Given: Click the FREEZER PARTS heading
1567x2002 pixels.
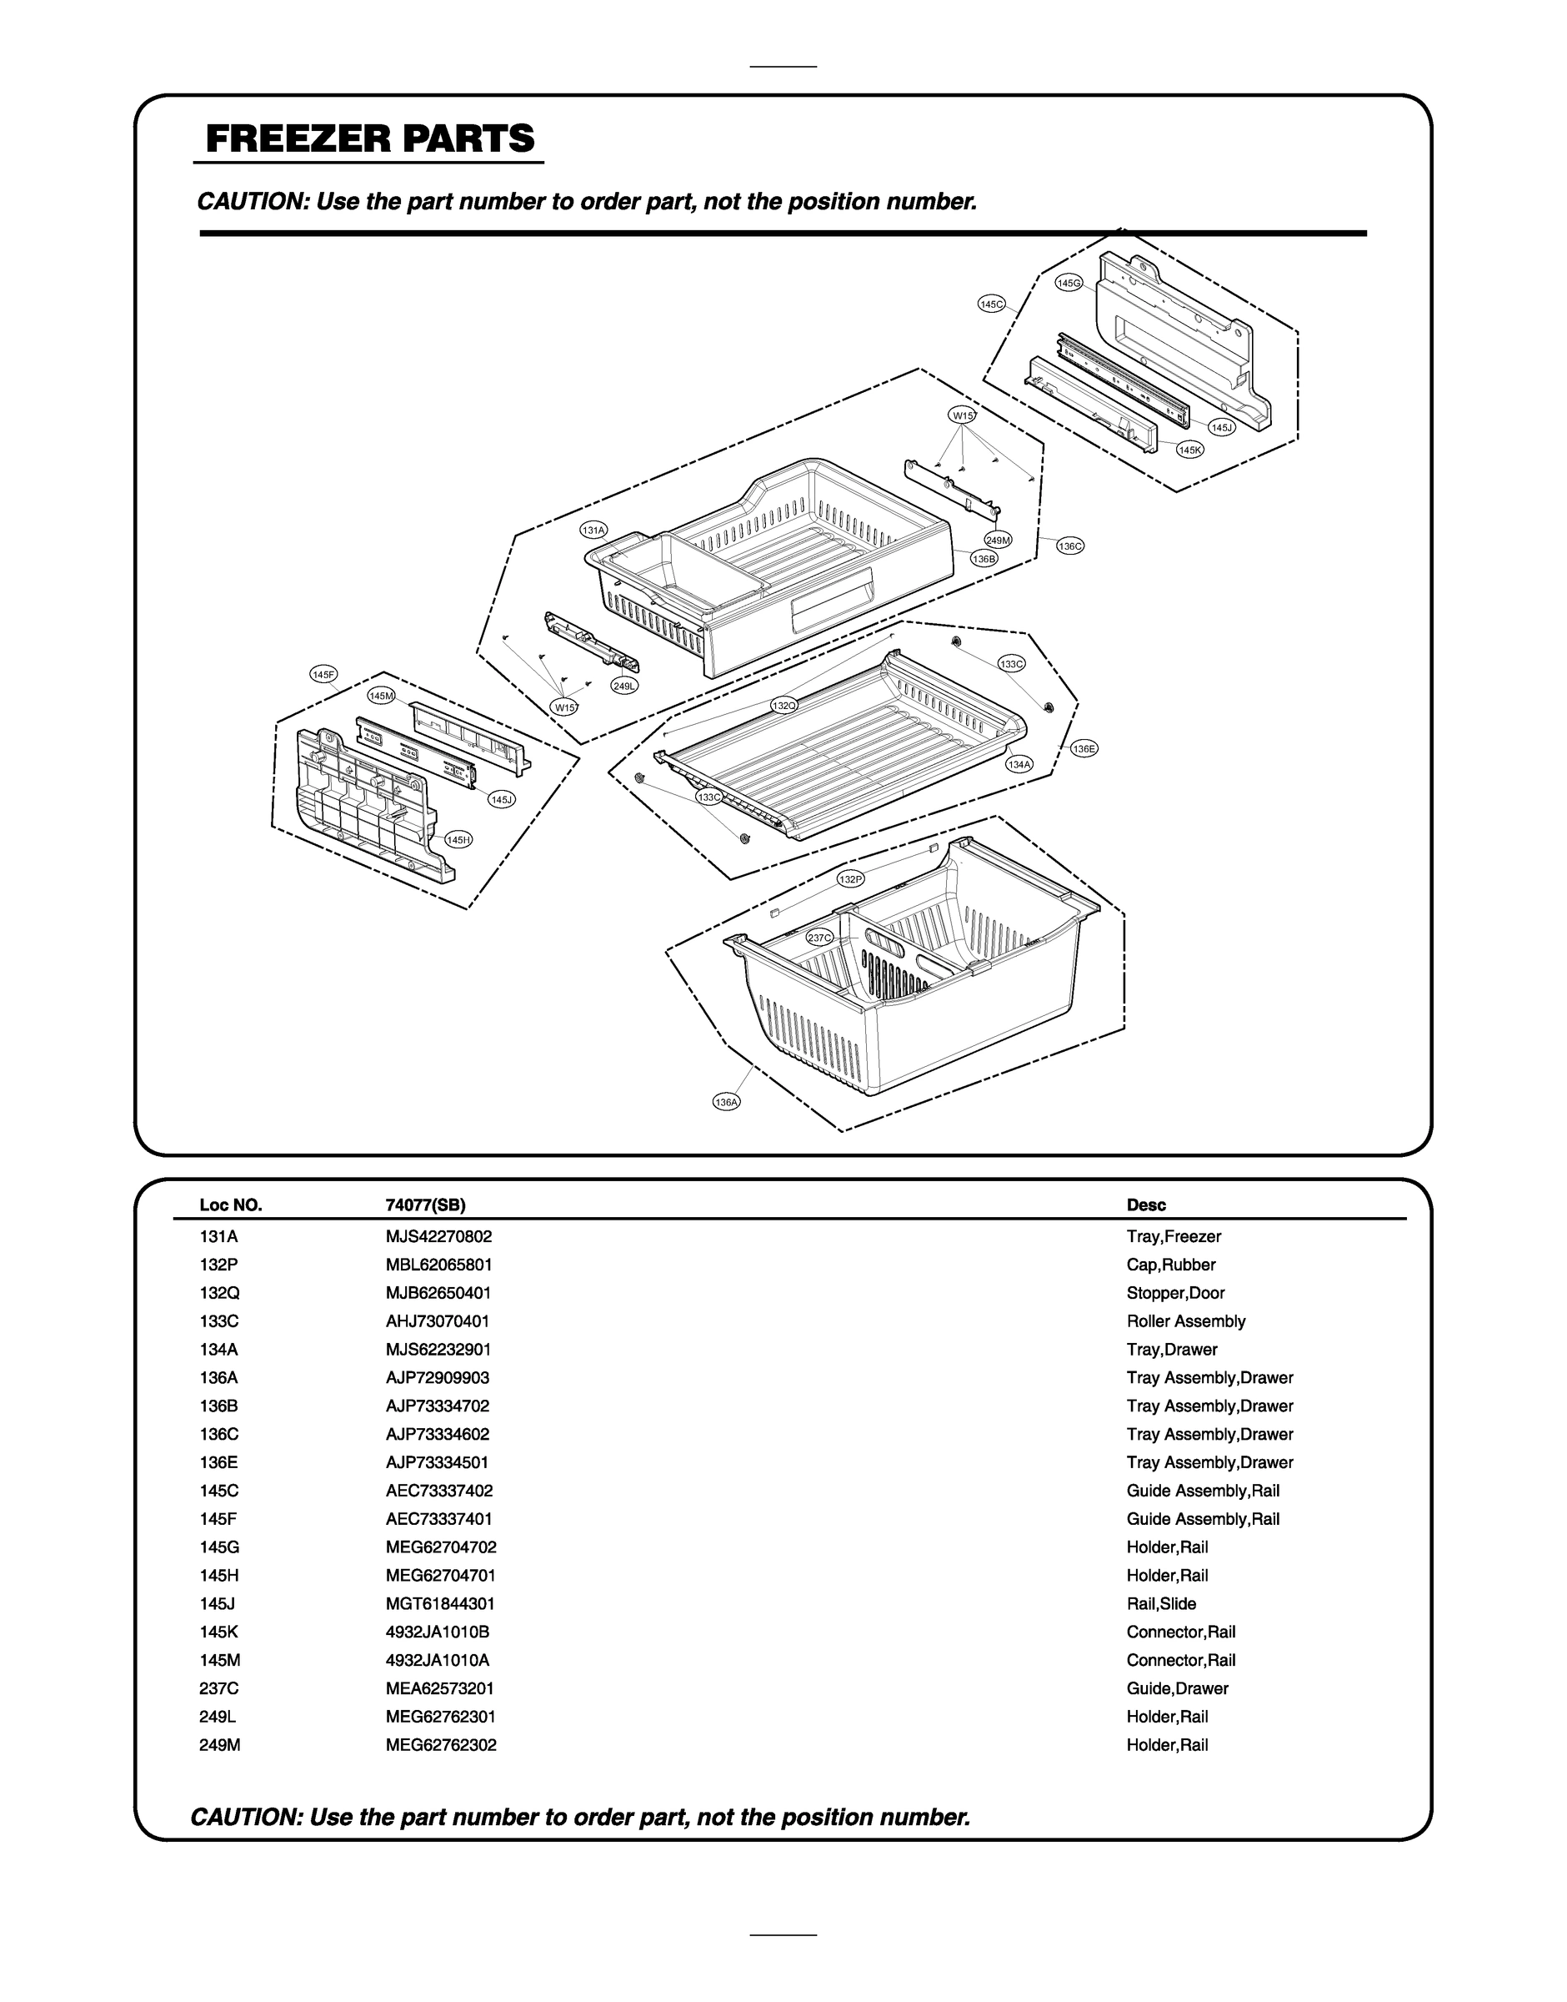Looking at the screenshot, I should pos(370,138).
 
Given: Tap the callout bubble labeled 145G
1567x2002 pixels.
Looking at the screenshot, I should pos(1069,283).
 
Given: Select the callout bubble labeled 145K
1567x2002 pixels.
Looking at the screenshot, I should pos(1190,450).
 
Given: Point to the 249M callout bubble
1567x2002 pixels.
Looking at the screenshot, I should pos(999,540).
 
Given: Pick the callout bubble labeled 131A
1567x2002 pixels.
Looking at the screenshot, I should pos(593,531).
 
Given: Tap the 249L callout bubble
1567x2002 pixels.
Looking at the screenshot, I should pos(625,686).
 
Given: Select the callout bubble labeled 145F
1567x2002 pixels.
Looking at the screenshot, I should pos(324,675).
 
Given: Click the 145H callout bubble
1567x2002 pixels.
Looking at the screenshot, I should pos(458,839).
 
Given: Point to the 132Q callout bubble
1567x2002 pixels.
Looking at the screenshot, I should pos(783,705).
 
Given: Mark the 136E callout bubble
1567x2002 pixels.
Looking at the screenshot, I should pos(1084,749).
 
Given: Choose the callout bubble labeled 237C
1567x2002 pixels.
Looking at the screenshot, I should pos(819,938).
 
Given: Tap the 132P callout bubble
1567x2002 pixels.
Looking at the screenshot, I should pos(850,879).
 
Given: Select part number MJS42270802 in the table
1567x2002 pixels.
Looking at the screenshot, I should pos(438,1236).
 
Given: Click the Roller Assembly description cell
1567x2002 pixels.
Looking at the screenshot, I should pos(1185,1320).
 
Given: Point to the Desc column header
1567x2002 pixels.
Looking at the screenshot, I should pos(1146,1205).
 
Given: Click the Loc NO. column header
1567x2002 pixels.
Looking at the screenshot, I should pos(230,1205).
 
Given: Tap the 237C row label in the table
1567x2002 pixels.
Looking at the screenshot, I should pos(218,1688).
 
